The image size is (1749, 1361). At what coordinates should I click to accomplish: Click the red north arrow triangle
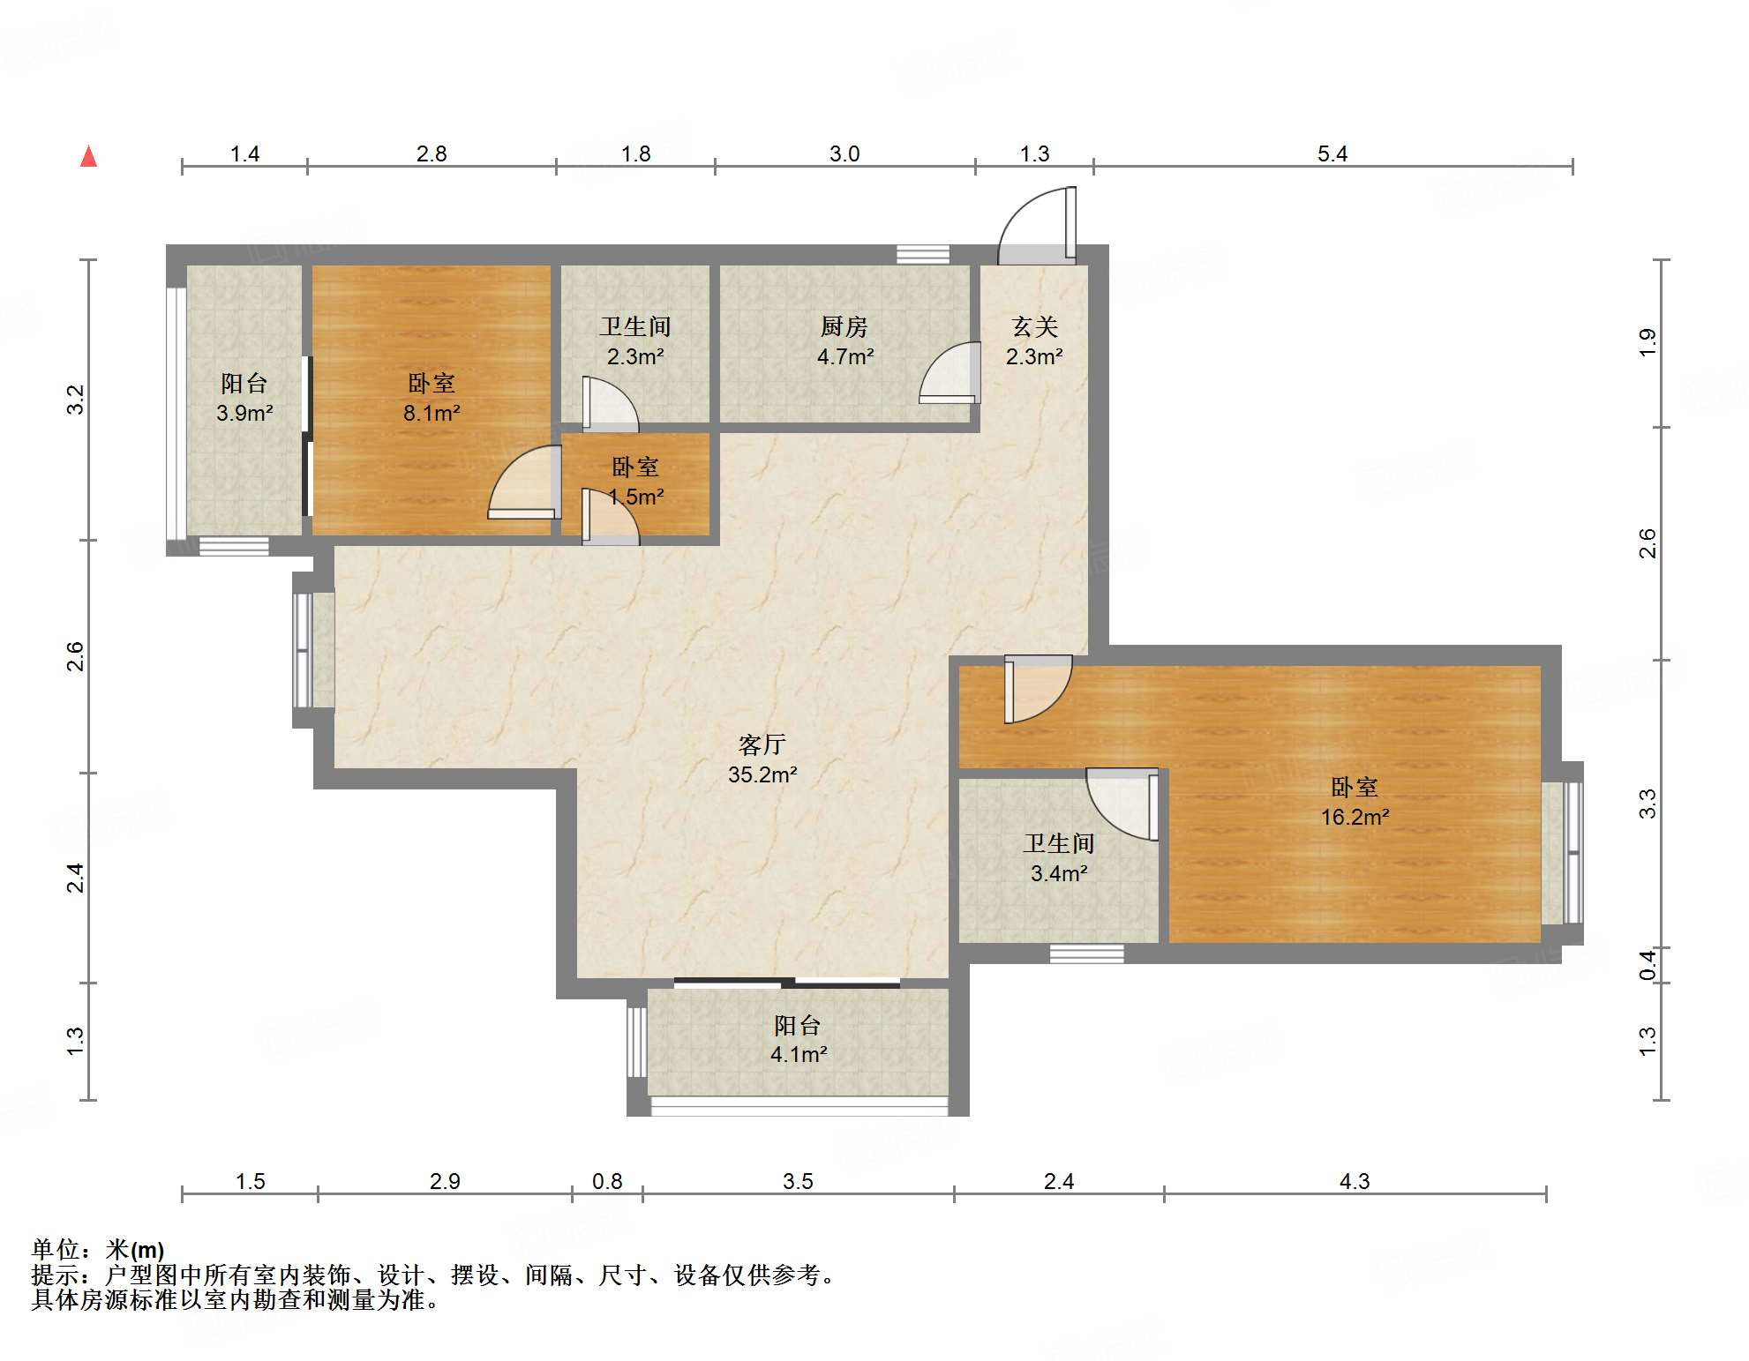coord(88,156)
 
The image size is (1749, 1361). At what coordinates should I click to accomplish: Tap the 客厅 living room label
coord(762,744)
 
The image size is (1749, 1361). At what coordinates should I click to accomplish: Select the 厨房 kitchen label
coord(844,326)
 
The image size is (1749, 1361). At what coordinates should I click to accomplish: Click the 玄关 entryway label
coord(1034,326)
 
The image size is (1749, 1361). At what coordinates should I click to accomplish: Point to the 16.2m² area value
coord(1355,817)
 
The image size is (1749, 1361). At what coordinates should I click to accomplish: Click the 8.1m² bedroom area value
coord(432,412)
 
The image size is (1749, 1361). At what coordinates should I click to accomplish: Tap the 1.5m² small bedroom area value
coord(635,497)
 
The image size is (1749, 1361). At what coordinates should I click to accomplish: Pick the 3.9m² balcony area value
coord(244,412)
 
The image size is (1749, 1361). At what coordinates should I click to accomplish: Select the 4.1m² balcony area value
coord(799,1054)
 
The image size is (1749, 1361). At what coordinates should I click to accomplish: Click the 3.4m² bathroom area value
coord(1059,873)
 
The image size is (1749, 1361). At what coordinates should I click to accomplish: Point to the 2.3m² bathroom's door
coord(610,405)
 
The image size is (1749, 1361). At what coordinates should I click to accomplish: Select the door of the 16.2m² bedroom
coord(1038,688)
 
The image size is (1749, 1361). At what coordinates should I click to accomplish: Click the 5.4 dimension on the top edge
coord(1332,153)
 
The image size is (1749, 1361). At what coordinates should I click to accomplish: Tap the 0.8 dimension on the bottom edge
coord(607,1181)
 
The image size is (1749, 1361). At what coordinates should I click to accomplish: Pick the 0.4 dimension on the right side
coord(1648,964)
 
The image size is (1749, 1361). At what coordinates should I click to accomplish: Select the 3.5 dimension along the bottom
coord(798,1181)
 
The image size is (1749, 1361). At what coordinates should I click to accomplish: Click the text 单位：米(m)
coord(98,1249)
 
